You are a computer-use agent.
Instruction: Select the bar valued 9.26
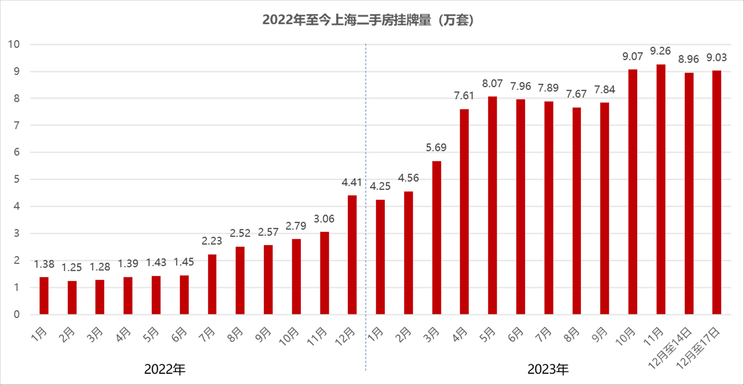(661, 189)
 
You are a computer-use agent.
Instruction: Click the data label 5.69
(436, 148)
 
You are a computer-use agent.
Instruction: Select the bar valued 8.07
(492, 205)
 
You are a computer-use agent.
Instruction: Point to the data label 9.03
(717, 57)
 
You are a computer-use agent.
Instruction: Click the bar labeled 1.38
(44, 295)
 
